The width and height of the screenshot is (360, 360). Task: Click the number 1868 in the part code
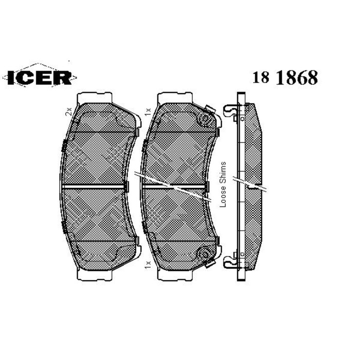click(x=297, y=77)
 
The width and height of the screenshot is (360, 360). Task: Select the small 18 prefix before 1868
click(x=261, y=78)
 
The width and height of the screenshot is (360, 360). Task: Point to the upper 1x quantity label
click(x=148, y=112)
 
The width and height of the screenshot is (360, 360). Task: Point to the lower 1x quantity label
click(x=148, y=264)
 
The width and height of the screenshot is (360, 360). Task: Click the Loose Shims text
click(x=223, y=184)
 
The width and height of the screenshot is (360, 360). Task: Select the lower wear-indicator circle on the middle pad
click(x=203, y=254)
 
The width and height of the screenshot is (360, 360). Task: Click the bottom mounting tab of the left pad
click(x=94, y=276)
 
